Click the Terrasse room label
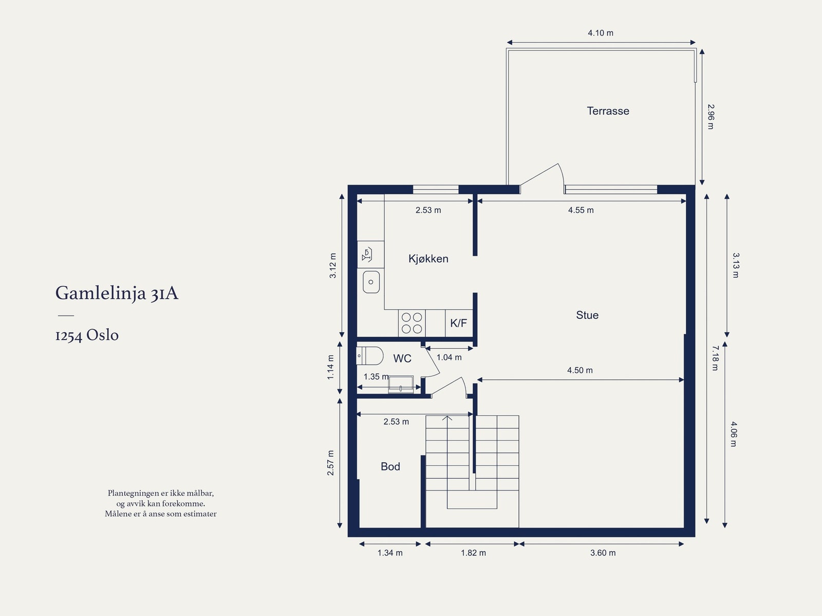coord(608,111)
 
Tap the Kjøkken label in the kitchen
coord(428,259)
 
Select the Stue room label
coord(587,315)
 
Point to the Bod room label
coord(390,466)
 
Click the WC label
coord(402,358)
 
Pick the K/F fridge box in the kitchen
coord(459,323)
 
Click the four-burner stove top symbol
coord(412,323)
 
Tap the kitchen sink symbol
coord(371,282)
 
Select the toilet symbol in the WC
coord(369,356)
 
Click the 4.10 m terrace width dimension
coord(601,33)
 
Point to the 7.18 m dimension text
coord(715,358)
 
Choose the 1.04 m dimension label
coord(449,357)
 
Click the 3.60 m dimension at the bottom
coord(603,553)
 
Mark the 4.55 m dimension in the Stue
coord(581,210)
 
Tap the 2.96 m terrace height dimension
coord(711,117)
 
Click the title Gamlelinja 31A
coord(117,294)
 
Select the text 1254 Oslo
coord(87,335)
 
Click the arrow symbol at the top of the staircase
coord(447,418)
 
